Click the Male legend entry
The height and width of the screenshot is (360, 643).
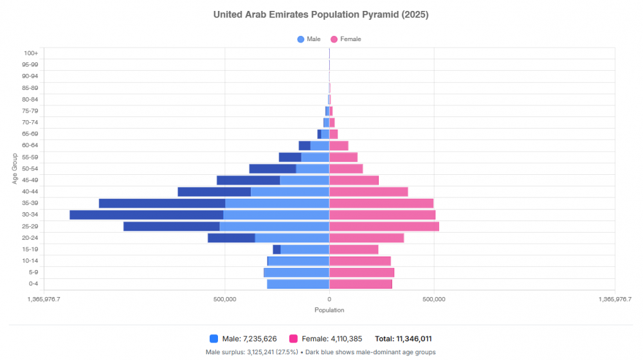(x=309, y=39)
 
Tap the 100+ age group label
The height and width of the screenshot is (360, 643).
(x=30, y=53)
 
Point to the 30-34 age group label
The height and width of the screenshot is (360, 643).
(x=30, y=215)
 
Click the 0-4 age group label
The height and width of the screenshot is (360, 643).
(x=32, y=283)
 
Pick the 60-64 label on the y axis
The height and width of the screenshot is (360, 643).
(x=30, y=145)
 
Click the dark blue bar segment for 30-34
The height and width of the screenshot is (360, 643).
(x=147, y=215)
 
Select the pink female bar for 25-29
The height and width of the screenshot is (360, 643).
(x=384, y=226)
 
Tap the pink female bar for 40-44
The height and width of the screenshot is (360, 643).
(x=368, y=192)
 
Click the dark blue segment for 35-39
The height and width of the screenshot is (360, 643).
(x=162, y=203)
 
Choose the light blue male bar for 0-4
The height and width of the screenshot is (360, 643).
(x=298, y=283)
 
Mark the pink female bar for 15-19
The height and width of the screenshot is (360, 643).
(x=354, y=249)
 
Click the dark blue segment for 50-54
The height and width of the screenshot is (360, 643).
(x=273, y=168)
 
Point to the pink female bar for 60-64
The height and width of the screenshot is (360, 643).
(x=339, y=145)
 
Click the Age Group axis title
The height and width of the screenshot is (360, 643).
(x=14, y=168)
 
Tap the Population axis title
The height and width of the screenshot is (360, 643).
(x=329, y=310)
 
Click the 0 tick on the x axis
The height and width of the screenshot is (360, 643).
(x=329, y=299)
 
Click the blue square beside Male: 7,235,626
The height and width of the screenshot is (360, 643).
(x=214, y=339)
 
